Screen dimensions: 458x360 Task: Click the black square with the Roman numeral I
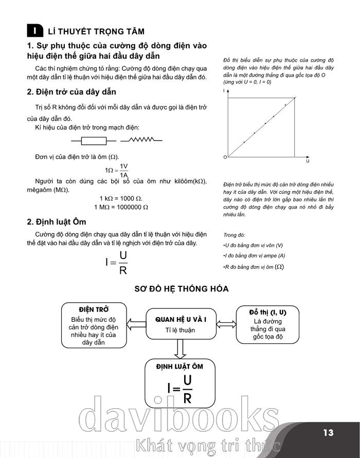(x=34, y=31)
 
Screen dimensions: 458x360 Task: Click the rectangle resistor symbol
(x=94, y=140)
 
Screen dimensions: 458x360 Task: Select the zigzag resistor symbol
(x=141, y=140)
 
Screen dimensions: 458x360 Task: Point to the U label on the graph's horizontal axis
(x=308, y=161)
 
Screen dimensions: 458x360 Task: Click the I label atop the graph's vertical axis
(x=225, y=90)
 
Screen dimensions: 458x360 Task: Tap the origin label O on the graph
(x=225, y=156)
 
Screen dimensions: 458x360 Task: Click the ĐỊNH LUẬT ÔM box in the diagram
(x=180, y=383)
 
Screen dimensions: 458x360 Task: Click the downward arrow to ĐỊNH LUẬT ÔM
(x=180, y=349)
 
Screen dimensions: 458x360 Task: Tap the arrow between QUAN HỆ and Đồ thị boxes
(x=225, y=324)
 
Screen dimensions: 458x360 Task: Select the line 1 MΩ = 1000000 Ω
(x=121, y=207)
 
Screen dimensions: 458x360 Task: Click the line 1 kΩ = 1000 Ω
(x=121, y=198)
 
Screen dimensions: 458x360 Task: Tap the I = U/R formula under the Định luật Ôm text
(x=117, y=263)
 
